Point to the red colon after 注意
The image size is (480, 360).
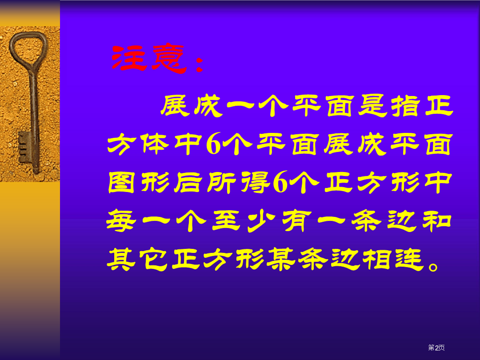click(x=200, y=64)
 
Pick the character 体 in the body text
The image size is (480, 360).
click(x=155, y=144)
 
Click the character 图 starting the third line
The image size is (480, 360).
click(x=121, y=183)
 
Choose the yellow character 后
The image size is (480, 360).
click(x=188, y=183)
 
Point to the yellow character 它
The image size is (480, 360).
click(x=153, y=259)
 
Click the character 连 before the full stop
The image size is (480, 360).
click(x=410, y=259)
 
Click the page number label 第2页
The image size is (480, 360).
click(x=436, y=348)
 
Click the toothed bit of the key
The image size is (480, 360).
click(x=24, y=147)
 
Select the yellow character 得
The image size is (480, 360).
click(x=255, y=183)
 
